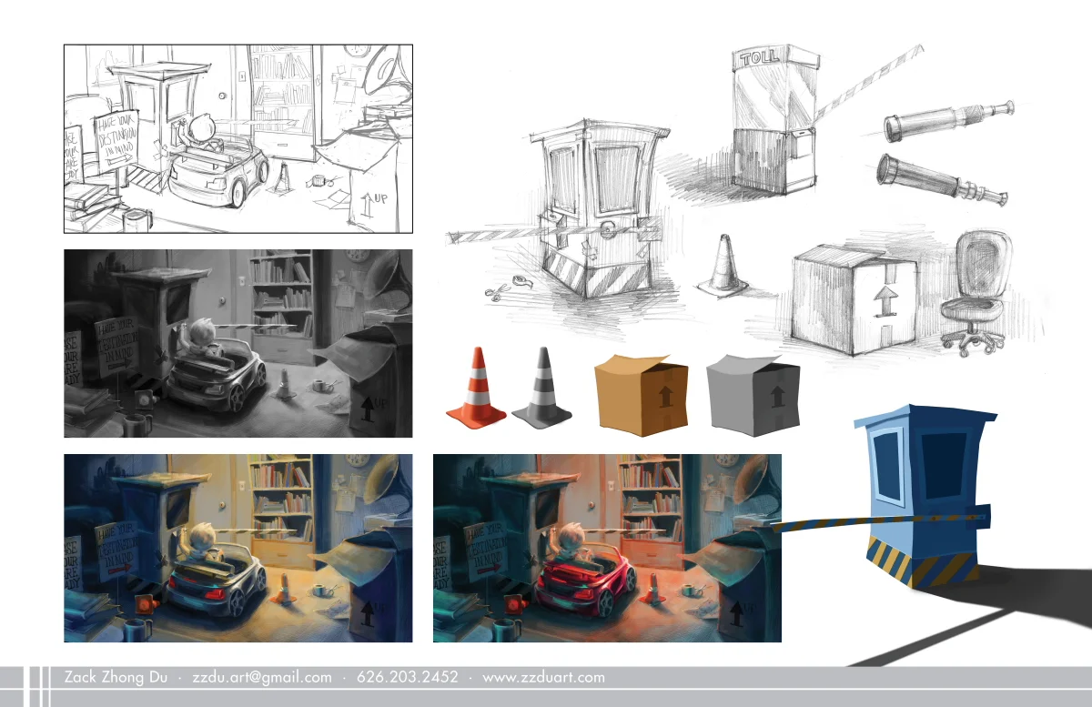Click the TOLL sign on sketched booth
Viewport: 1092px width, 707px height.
pyautogui.click(x=760, y=56)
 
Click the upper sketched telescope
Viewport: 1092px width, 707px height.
pyautogui.click(x=946, y=121)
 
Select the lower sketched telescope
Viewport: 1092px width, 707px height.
pyautogui.click(x=940, y=180)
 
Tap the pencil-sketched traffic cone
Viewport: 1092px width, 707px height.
pyautogui.click(x=723, y=265)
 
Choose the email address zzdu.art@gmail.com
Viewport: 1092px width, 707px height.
pyautogui.click(x=262, y=677)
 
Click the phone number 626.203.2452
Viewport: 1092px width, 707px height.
pyautogui.click(x=408, y=677)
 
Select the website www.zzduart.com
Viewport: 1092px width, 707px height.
pyautogui.click(x=543, y=677)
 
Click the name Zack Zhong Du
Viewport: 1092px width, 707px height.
pyautogui.click(x=116, y=677)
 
